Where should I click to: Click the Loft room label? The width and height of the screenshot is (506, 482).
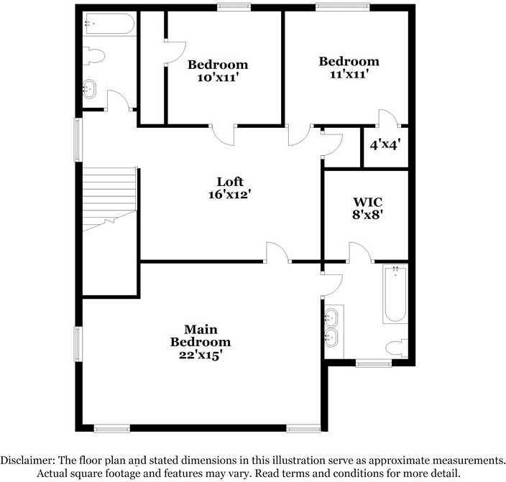(x=230, y=182)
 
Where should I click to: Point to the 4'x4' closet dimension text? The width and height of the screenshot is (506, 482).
(x=385, y=144)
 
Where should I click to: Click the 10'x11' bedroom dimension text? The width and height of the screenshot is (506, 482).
(x=218, y=78)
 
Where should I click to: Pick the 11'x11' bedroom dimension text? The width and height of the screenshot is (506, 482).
(x=349, y=74)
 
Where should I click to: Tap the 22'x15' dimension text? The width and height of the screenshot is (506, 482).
(x=201, y=354)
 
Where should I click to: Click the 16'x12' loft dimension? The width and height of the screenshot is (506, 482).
(x=230, y=194)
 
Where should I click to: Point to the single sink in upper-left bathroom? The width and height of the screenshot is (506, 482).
(x=90, y=90)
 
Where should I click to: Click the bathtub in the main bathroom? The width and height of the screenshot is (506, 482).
(x=395, y=295)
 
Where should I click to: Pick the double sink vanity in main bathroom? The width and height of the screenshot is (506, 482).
(x=332, y=327)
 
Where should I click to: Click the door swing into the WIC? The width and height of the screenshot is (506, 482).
(x=359, y=252)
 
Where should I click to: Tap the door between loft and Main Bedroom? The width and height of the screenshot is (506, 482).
(x=277, y=252)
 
